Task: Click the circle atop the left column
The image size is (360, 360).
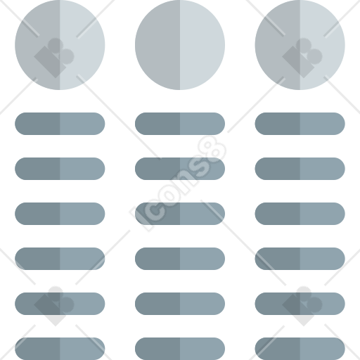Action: coord(60,45)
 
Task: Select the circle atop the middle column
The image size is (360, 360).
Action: coord(180,45)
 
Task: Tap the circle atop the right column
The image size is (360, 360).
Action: coord(300,45)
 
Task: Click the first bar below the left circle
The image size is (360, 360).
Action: coord(60,124)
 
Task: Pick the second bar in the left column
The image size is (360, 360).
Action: coord(60,169)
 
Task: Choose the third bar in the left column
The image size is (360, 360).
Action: coord(60,214)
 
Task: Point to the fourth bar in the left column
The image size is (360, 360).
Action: coord(60,259)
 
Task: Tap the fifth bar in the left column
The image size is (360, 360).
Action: coord(60,304)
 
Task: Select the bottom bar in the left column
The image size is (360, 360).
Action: coord(60,349)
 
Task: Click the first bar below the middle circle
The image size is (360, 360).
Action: coord(180,124)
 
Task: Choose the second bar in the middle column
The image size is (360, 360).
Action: coord(180,169)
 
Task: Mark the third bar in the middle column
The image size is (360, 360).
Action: coord(180,214)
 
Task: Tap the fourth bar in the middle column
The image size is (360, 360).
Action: coord(180,259)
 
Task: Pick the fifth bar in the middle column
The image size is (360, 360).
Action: coord(180,304)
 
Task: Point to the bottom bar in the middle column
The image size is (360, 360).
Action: coord(180,349)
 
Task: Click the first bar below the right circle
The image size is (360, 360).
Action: coord(300,124)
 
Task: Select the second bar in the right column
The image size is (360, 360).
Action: coord(300,169)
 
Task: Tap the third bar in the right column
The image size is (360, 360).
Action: coord(300,214)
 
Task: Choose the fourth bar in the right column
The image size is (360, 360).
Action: coord(300,259)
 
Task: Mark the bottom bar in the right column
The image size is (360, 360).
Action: coord(300,349)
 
